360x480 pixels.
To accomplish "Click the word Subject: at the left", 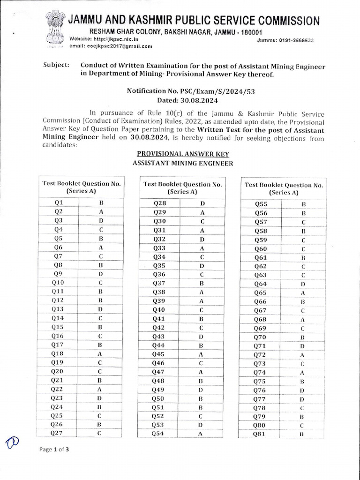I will coord(55,66).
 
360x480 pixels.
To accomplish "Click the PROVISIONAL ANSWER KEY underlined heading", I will coord(183,154).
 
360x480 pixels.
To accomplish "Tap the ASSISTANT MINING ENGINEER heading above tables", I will coord(183,163).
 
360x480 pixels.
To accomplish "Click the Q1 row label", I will coord(59,203).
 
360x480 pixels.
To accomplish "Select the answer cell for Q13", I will coord(100,309).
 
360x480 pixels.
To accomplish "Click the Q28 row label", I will coord(159,203).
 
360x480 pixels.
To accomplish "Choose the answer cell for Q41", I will coord(202,319).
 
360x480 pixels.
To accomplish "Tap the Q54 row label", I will coord(158,434).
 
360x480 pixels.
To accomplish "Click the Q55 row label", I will coord(261,204).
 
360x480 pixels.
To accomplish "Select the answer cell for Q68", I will coord(303,319).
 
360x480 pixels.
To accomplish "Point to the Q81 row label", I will coord(259,434).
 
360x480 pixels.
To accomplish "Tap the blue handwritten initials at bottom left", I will coord(13,441).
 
